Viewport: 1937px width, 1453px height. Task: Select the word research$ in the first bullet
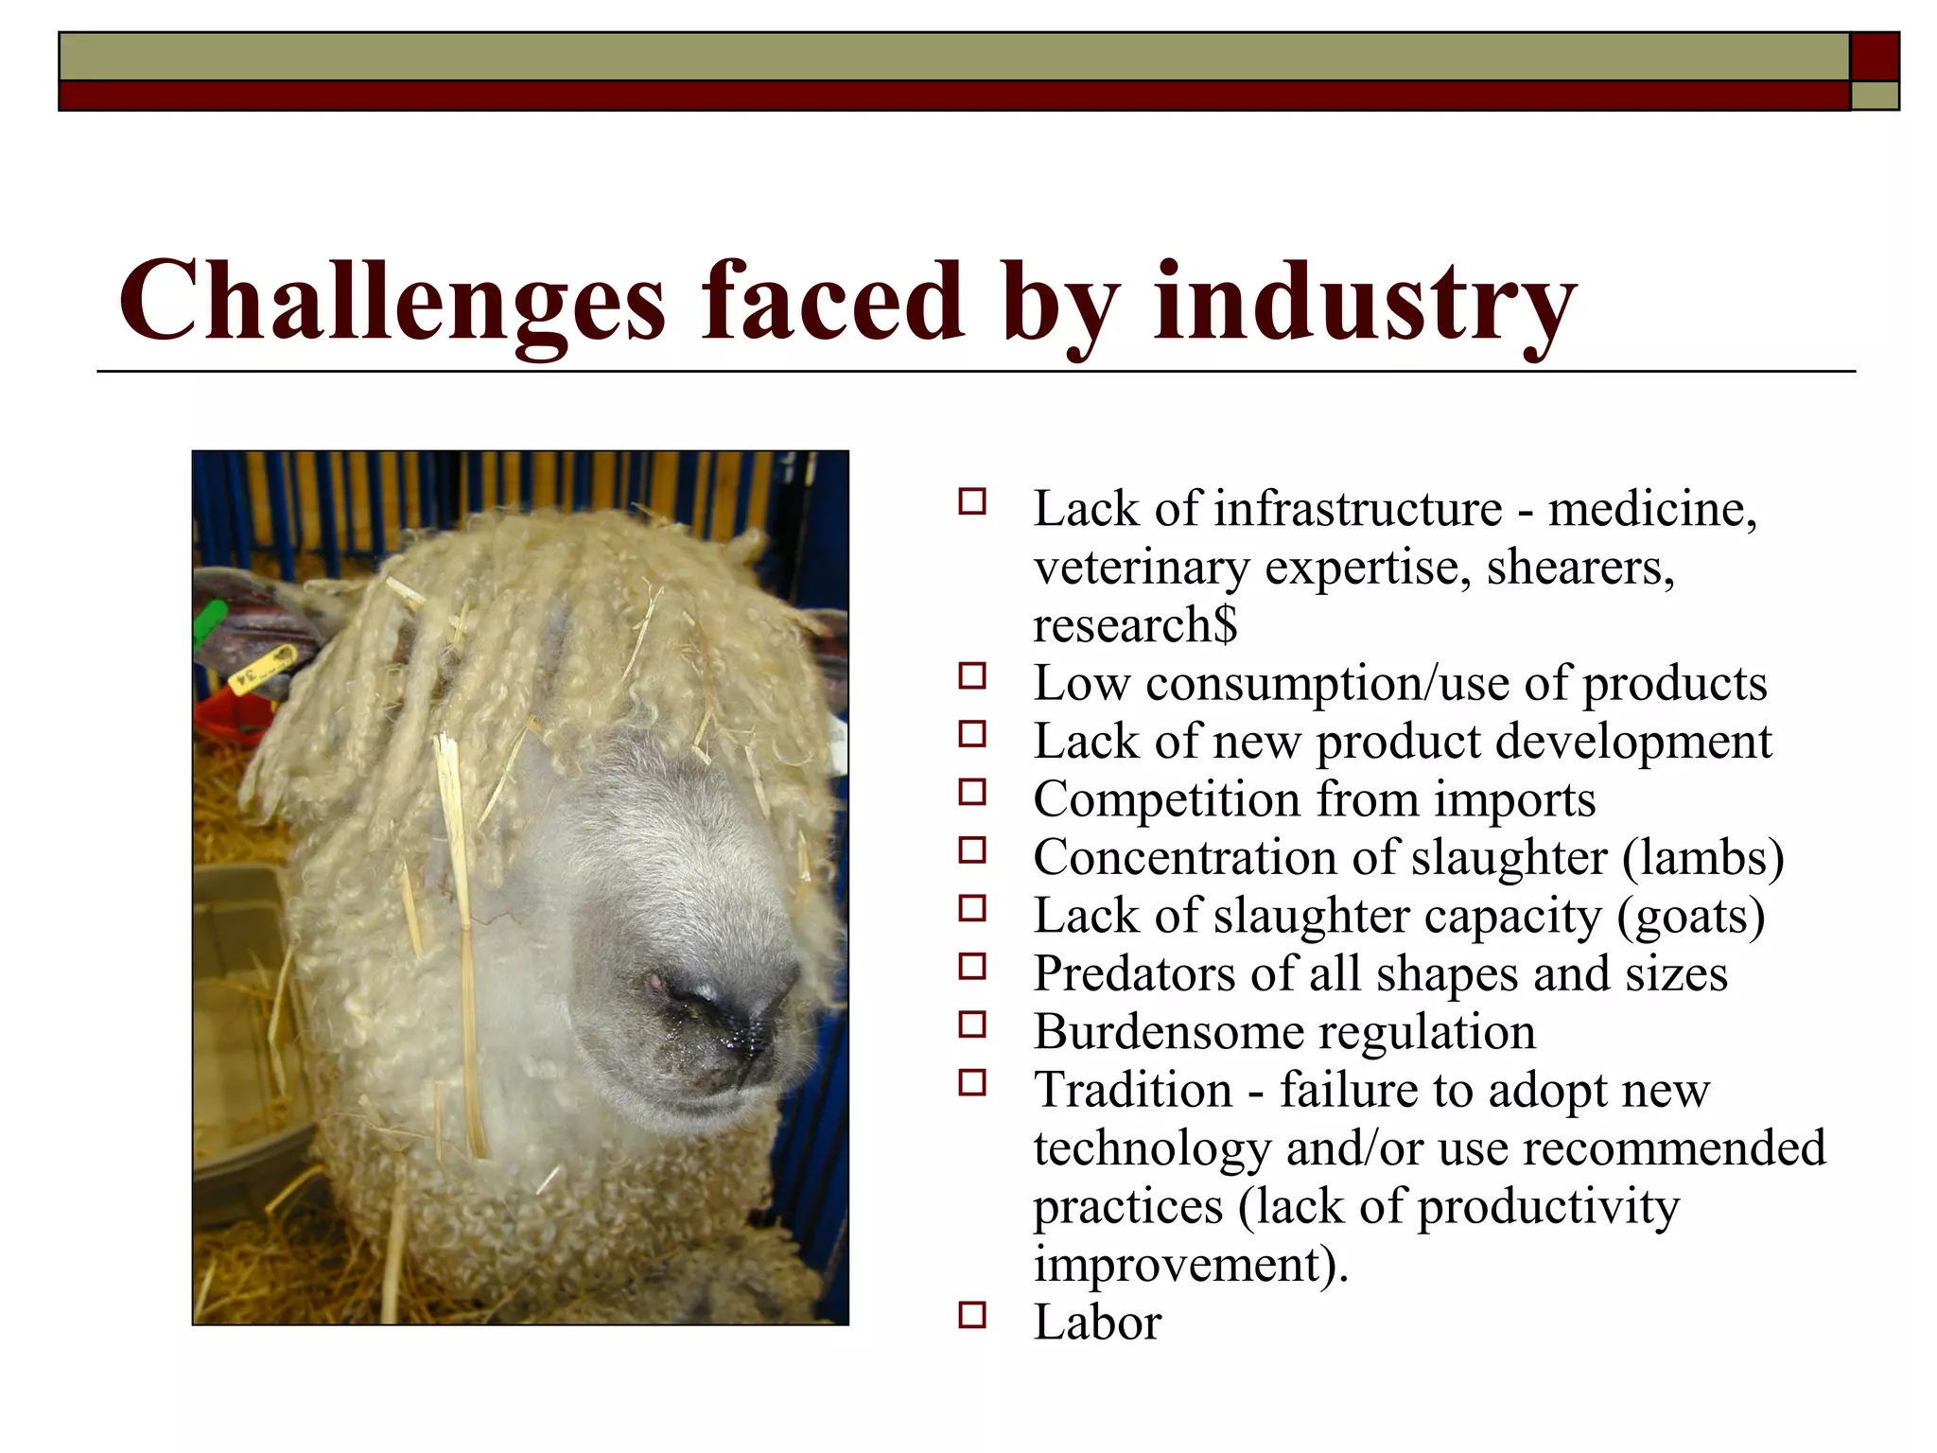click(1135, 625)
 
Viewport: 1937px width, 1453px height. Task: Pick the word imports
click(1514, 799)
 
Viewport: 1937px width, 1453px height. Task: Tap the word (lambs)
click(1702, 858)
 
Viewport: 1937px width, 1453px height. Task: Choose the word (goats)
click(1691, 916)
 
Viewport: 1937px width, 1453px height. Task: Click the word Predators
click(1134, 973)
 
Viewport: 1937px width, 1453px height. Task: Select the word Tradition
click(1132, 1090)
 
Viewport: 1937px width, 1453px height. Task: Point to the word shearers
click(1579, 568)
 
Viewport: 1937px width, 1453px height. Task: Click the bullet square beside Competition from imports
click(971, 792)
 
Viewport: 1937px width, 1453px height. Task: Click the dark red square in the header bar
click(1875, 57)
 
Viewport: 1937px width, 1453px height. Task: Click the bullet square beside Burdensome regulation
click(971, 1024)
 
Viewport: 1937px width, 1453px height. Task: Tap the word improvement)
click(1191, 1265)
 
